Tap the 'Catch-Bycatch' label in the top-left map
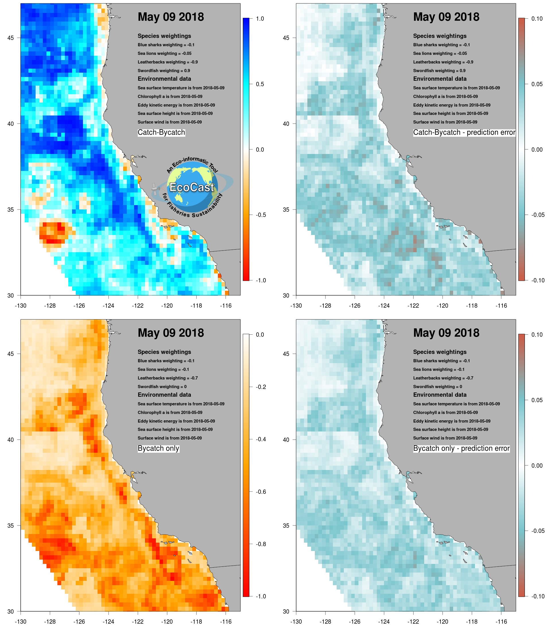[161, 132]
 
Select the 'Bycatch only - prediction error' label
[461, 448]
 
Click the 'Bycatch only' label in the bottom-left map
[158, 448]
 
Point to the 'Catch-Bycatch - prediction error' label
[464, 132]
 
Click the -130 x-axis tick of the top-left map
[21, 306]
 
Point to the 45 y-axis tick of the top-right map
[286, 38]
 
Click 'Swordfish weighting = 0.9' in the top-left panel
[164, 70]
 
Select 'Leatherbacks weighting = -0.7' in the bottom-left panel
[168, 378]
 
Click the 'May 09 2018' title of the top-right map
[446, 17]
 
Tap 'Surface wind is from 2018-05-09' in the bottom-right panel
[445, 438]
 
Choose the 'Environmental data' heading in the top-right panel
[440, 79]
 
